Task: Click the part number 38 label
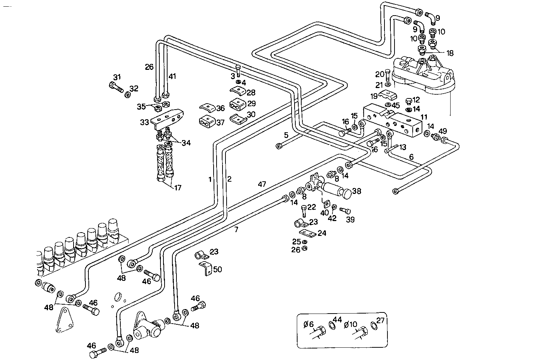pos(357,191)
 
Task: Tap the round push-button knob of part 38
pos(345,194)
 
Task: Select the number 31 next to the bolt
pos(117,77)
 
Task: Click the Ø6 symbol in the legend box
pos(309,324)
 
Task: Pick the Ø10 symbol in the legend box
pos(351,324)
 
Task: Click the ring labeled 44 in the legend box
pos(332,325)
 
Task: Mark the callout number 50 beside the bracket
pos(217,269)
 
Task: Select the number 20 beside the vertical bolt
pos(379,74)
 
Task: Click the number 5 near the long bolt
pos(286,134)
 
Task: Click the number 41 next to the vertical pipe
pos(172,77)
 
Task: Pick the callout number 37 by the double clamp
pos(220,123)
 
